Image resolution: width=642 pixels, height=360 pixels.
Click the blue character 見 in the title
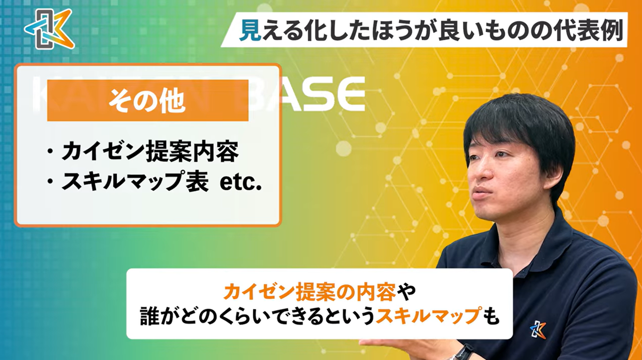(249, 32)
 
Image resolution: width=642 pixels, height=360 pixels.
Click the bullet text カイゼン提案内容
(150, 152)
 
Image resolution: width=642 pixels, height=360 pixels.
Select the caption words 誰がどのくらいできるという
(257, 316)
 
